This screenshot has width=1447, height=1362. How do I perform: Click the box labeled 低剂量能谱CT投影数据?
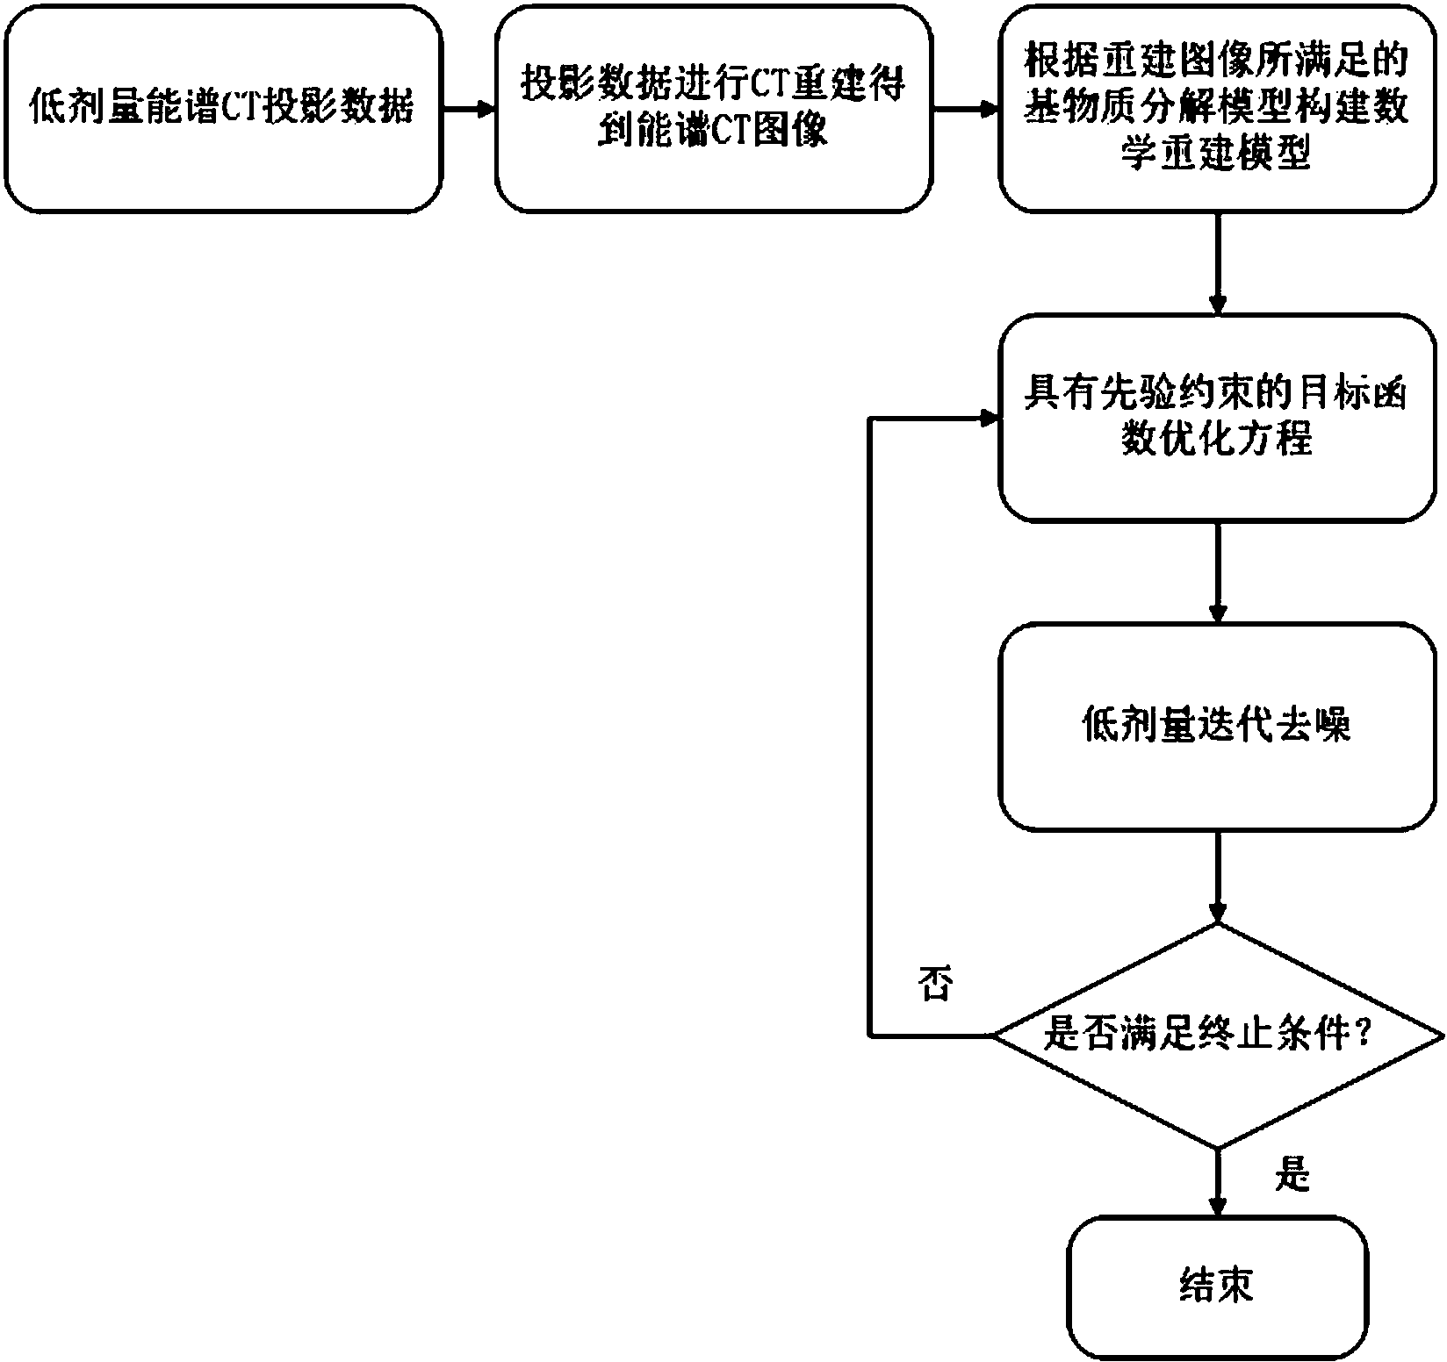click(x=223, y=109)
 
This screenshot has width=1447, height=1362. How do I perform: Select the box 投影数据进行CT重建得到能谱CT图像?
click(x=713, y=109)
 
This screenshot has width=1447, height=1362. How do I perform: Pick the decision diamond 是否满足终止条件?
click(x=1217, y=1036)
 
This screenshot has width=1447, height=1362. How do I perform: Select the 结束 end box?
click(x=1217, y=1287)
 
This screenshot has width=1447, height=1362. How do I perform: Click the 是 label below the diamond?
click(x=1291, y=1173)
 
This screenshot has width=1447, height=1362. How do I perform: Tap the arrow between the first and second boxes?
click(x=469, y=110)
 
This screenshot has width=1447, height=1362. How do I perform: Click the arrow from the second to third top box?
click(x=966, y=110)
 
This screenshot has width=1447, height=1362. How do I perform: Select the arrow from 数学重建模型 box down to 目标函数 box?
click(x=1217, y=263)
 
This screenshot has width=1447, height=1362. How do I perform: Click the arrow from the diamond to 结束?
click(x=1217, y=1181)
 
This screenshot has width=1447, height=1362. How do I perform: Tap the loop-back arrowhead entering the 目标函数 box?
click(x=990, y=419)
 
